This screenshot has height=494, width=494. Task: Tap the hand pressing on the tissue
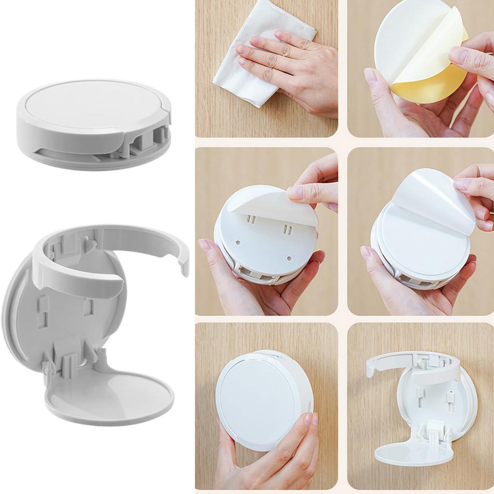(x=289, y=68)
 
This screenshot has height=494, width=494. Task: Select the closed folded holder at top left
(x=94, y=125)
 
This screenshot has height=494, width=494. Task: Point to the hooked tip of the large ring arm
(x=183, y=263)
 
